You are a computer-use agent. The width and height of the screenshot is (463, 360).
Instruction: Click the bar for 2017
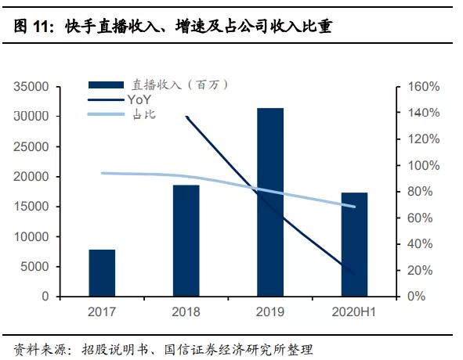[x=102, y=273]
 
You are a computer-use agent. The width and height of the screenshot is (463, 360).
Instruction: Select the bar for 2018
[x=186, y=241]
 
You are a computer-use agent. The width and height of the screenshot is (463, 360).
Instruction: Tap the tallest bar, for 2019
[x=269, y=203]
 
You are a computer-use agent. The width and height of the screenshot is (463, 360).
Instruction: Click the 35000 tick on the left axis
[x=33, y=87]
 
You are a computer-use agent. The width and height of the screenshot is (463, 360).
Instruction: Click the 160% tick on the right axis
[x=424, y=87]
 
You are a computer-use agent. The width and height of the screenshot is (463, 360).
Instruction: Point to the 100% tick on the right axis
[x=424, y=166]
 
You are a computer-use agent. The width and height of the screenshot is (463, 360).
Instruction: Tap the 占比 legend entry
[x=141, y=115]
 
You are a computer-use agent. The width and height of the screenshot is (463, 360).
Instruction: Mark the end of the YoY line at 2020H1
[x=354, y=274]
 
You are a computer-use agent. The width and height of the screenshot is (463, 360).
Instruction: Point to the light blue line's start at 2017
[x=103, y=173]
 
